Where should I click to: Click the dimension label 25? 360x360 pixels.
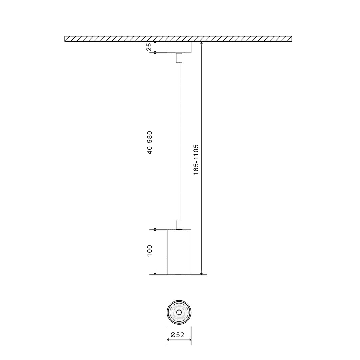point(149,47)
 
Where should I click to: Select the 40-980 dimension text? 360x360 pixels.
point(149,143)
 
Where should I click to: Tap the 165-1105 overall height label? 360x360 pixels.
point(196,160)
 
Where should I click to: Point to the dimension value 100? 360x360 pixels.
point(149,251)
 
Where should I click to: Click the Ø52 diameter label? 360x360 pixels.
point(177,335)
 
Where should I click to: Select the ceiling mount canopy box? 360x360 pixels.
point(179,47)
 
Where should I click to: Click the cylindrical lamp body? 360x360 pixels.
point(179,252)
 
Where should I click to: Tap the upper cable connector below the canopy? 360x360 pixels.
point(179,58)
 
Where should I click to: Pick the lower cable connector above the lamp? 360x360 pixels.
point(179,225)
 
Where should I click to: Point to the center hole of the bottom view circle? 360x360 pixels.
point(179,312)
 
